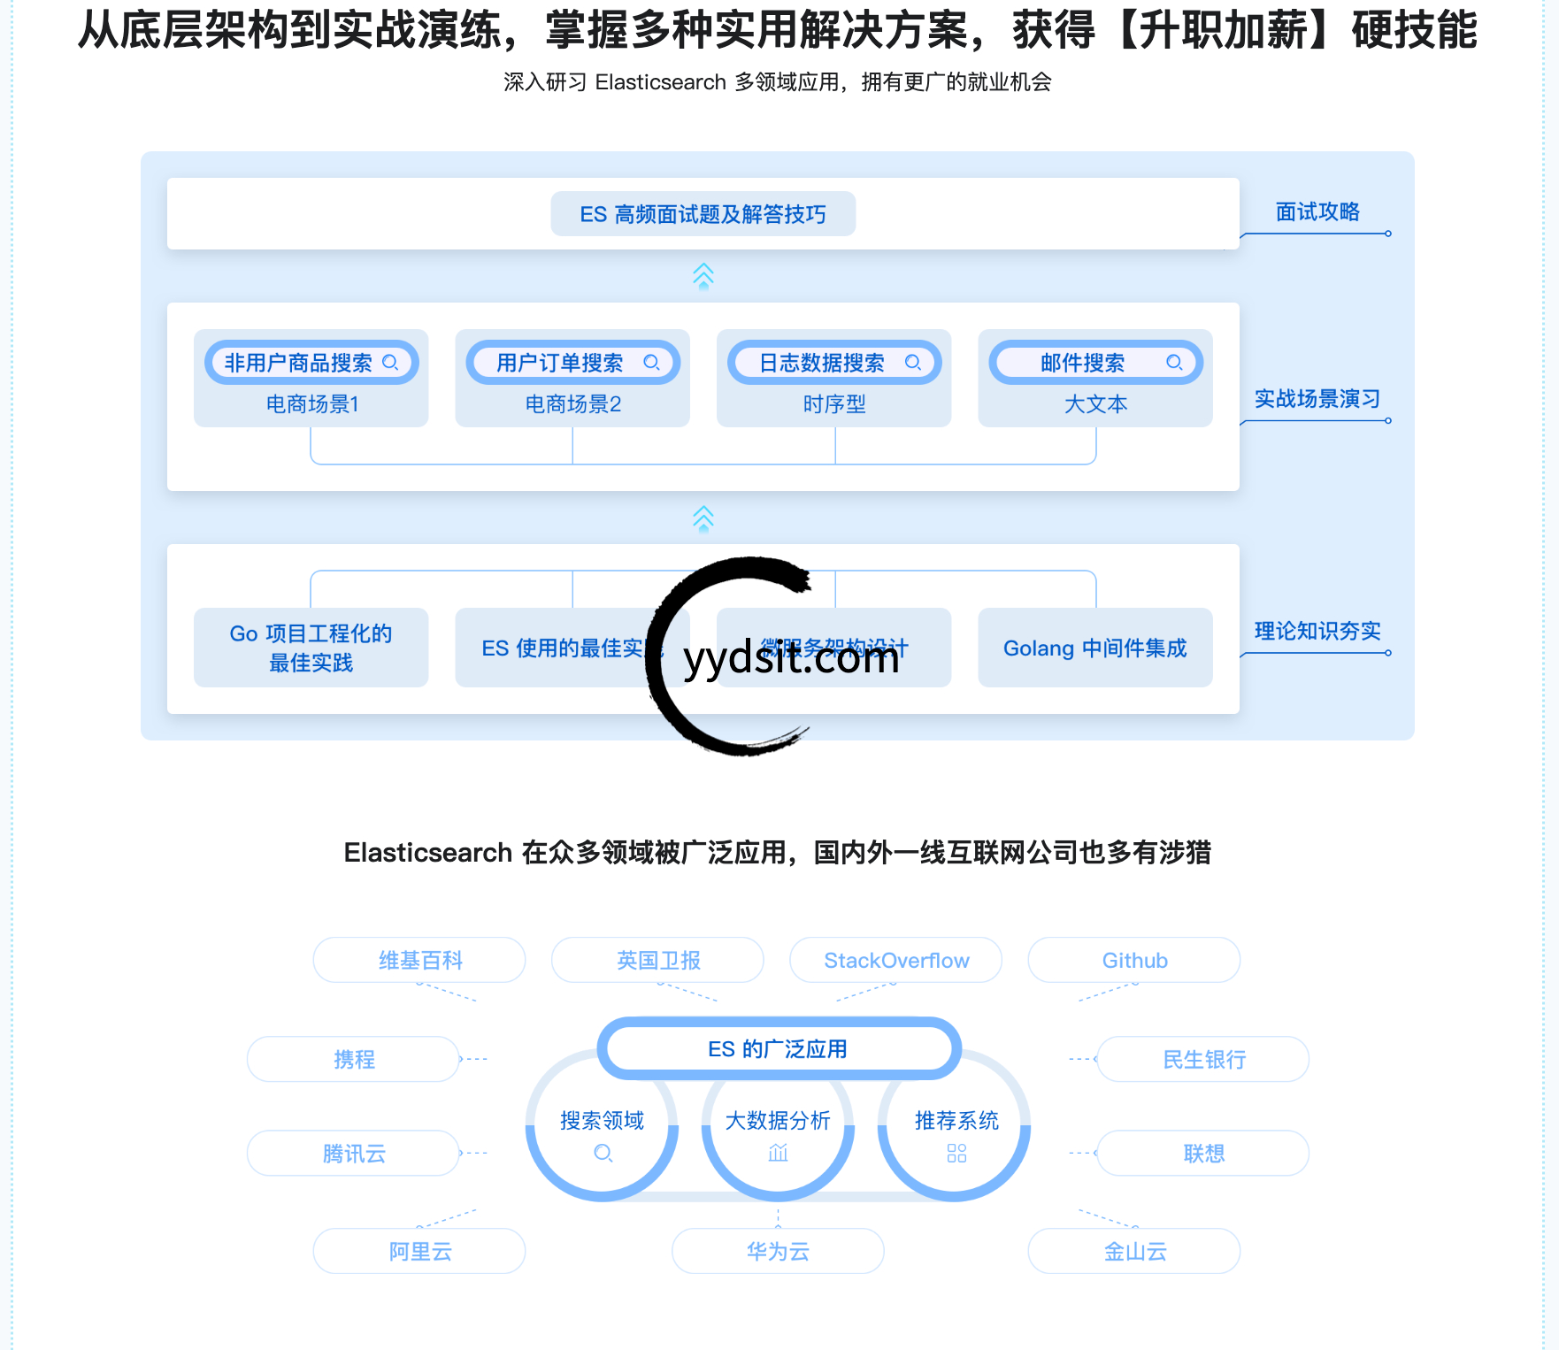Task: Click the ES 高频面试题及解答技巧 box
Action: point(703,214)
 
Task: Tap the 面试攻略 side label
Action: point(1317,212)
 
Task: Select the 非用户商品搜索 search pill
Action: point(311,363)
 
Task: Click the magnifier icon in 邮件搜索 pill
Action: point(1174,363)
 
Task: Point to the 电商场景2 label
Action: point(572,404)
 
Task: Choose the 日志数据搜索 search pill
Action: point(833,363)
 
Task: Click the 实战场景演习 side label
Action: point(1317,399)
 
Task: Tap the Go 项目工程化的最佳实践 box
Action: point(311,648)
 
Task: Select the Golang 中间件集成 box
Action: point(1094,648)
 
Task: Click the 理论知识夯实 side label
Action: point(1317,631)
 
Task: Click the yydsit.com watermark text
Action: point(791,658)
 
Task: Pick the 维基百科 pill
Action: point(419,960)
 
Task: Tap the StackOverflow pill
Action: point(895,960)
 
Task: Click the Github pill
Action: point(1133,960)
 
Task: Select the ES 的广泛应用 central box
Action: point(778,1049)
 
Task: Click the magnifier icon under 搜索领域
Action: point(603,1153)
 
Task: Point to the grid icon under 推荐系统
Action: point(956,1153)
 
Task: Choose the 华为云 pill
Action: point(778,1251)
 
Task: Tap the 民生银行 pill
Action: point(1203,1059)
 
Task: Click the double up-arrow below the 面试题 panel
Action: point(703,276)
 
